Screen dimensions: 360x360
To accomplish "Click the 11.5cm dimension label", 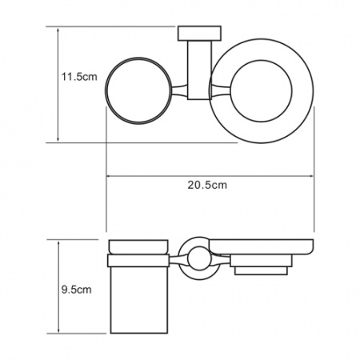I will coord(78,77).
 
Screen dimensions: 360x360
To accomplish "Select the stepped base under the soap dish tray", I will coord(258,266).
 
